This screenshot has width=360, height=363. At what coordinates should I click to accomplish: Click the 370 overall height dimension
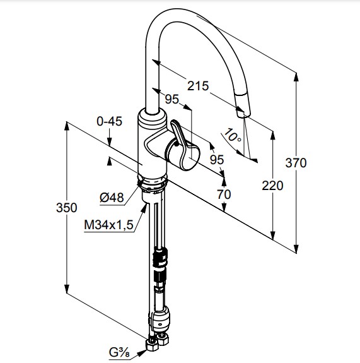pyautogui.click(x=296, y=162)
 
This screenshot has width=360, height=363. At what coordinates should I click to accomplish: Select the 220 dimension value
pyautogui.click(x=272, y=186)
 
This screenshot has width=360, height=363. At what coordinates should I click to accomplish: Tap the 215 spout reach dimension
pyautogui.click(x=198, y=86)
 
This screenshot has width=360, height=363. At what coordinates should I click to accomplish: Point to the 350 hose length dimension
pyautogui.click(x=67, y=208)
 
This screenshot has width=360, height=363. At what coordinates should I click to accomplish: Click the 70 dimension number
pyautogui.click(x=224, y=194)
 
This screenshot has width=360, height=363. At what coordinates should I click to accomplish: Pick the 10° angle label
pyautogui.click(x=233, y=136)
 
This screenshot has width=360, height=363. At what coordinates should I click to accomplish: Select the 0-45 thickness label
pyautogui.click(x=109, y=121)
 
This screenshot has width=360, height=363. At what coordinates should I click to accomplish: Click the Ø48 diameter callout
pyautogui.click(x=112, y=198)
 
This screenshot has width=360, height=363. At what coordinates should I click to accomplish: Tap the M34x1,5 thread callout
pyautogui.click(x=108, y=225)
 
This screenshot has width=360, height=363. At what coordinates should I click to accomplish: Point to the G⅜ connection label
pyautogui.click(x=119, y=353)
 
